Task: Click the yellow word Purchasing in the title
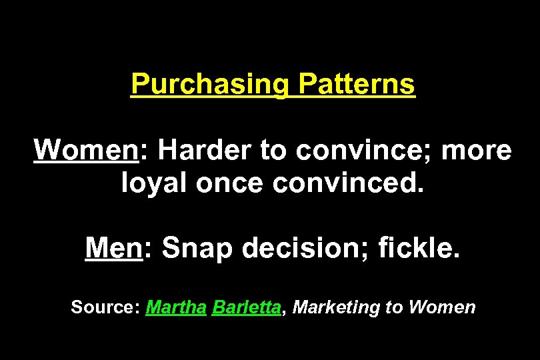(210, 85)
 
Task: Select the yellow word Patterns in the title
(357, 85)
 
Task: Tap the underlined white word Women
(85, 151)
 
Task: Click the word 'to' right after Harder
(273, 151)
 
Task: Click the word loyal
(155, 182)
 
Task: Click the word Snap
(197, 249)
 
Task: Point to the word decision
(303, 249)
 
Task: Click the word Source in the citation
(104, 307)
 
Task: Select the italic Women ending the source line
(442, 307)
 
